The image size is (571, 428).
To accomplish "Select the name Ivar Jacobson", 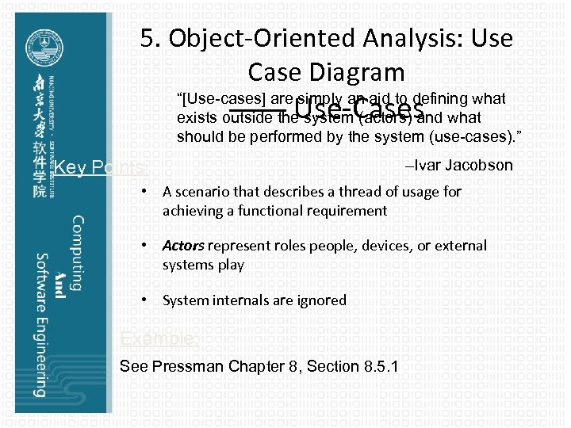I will [464, 166].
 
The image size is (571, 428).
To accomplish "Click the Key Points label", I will [98, 167].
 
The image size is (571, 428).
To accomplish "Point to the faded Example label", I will [159, 339].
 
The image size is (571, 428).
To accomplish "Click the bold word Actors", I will [183, 246].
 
